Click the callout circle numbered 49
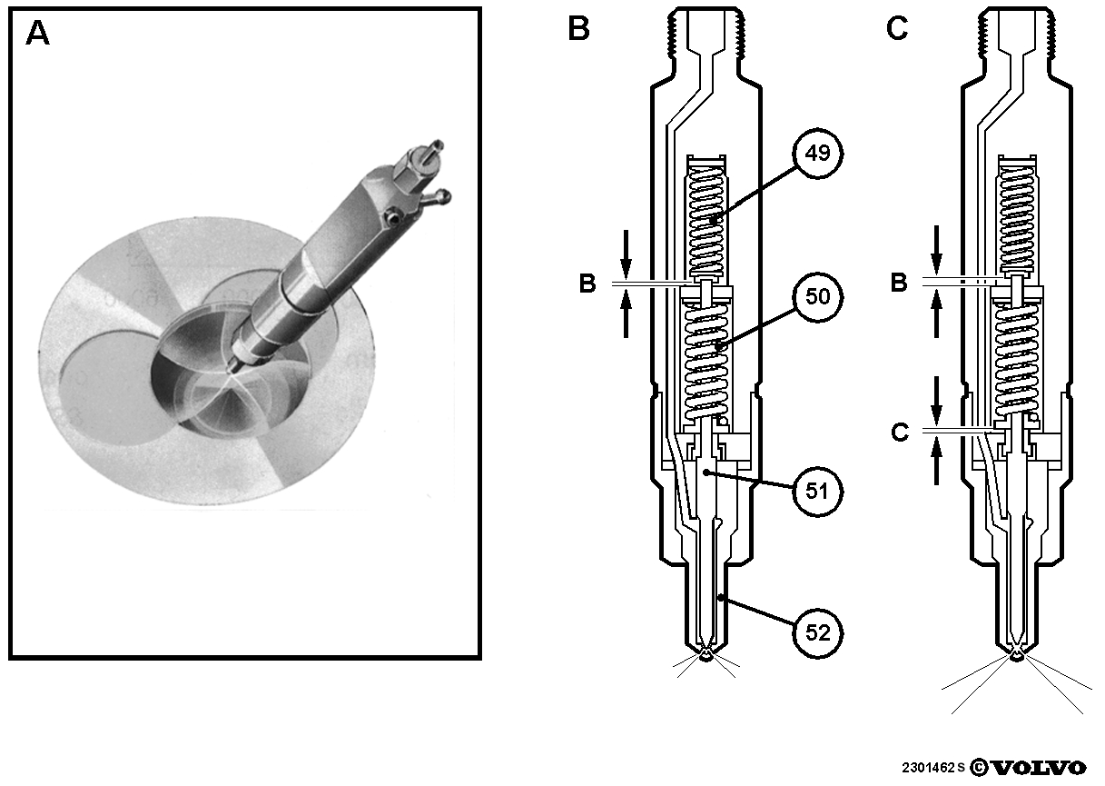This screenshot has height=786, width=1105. click(x=817, y=154)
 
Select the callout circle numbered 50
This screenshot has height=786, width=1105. click(x=817, y=297)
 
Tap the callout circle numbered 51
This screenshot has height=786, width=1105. click(x=817, y=492)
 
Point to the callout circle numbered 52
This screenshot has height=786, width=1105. click(x=817, y=633)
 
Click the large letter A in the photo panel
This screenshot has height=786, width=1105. click(x=37, y=34)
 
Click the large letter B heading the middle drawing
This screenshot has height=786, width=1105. click(x=578, y=28)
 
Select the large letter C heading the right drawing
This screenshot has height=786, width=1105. click(x=897, y=28)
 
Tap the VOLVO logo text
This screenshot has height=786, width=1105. click(x=1039, y=768)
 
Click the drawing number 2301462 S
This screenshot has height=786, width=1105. click(x=933, y=768)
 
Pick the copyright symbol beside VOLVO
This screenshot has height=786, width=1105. click(x=979, y=768)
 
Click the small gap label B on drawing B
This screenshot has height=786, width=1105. click(x=587, y=284)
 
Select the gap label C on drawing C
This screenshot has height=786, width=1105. click(x=900, y=433)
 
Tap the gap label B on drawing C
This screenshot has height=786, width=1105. click(x=899, y=284)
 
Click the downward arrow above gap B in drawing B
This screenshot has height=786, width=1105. click(x=626, y=254)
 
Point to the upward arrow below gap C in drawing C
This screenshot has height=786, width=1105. click(x=936, y=463)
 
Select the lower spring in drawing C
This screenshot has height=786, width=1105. click(x=1016, y=360)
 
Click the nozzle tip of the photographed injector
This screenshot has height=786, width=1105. click(x=231, y=368)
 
